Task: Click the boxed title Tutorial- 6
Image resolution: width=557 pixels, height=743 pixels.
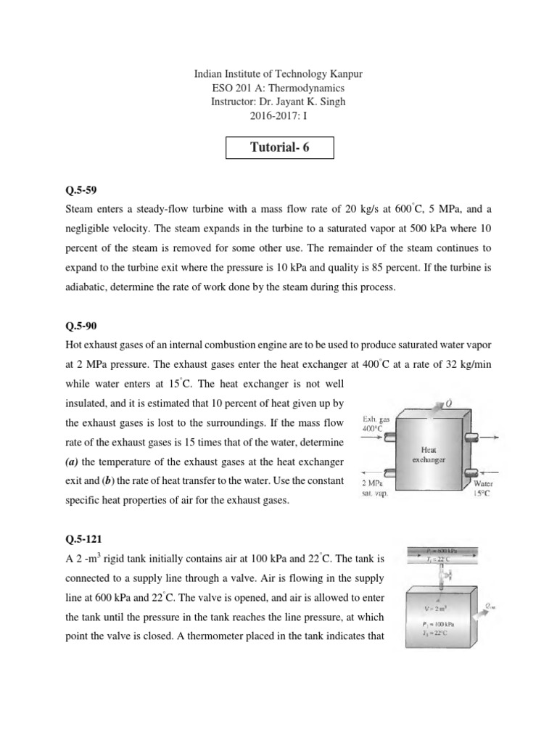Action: tap(278, 148)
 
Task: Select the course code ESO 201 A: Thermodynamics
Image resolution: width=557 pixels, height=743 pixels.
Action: tap(278, 88)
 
